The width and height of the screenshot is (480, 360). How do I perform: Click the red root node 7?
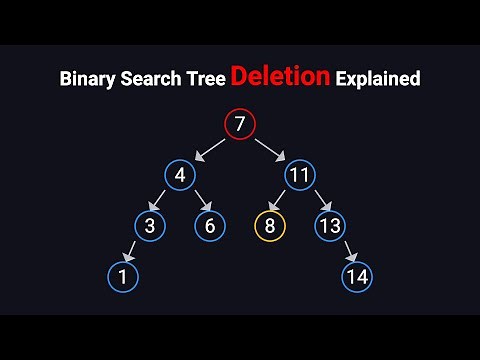click(240, 125)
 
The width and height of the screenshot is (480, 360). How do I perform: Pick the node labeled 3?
click(150, 226)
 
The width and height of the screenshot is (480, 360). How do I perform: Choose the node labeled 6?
click(210, 226)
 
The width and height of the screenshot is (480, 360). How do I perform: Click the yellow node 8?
click(269, 226)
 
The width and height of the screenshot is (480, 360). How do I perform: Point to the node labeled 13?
click(329, 226)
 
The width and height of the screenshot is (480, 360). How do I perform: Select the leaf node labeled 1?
click(121, 276)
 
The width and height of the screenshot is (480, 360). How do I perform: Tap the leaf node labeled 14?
click(358, 276)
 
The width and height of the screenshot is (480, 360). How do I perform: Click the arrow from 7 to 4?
click(210, 151)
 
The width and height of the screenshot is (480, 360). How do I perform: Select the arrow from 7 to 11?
click(270, 151)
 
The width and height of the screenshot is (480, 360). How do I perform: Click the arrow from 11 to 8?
click(284, 202)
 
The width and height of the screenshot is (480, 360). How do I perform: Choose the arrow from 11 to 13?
click(314, 202)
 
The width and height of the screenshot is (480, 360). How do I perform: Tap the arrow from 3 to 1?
click(135, 251)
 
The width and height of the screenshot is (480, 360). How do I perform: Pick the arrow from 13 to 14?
click(344, 251)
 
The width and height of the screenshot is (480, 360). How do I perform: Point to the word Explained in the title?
click(377, 77)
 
